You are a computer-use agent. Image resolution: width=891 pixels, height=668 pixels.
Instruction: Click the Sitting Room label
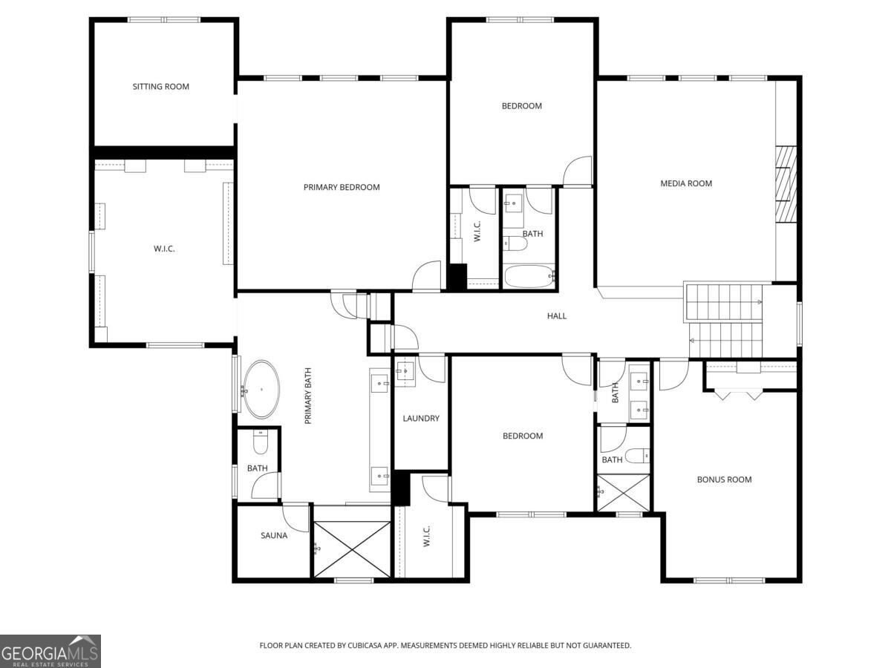click(x=160, y=86)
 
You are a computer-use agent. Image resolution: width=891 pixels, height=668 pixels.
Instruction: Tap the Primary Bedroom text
click(x=342, y=187)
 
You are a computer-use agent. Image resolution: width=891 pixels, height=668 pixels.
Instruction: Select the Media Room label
click(x=686, y=183)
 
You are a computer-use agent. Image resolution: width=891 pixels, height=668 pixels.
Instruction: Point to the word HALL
click(x=557, y=316)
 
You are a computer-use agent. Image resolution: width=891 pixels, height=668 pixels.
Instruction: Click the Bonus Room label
click(x=724, y=479)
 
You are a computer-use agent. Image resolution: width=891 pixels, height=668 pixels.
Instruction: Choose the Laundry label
click(x=421, y=418)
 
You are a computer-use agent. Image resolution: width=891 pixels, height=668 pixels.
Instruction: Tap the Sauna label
click(x=274, y=535)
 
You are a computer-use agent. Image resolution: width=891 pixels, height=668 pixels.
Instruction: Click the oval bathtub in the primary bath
click(x=261, y=390)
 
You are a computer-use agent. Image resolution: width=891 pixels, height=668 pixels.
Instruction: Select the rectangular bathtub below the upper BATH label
click(x=529, y=276)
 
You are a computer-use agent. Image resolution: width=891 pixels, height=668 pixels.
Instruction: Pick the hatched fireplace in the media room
click(x=786, y=184)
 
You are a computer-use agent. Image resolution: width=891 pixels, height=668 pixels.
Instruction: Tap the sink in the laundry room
click(x=405, y=370)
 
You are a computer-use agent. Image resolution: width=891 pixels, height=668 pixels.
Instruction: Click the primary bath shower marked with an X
click(x=352, y=549)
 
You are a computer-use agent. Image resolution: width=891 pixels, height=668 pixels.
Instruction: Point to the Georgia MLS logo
click(x=50, y=651)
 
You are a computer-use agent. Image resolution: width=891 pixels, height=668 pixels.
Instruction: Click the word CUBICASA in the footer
click(x=365, y=645)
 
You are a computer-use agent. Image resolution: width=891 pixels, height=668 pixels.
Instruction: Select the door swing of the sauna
click(x=296, y=518)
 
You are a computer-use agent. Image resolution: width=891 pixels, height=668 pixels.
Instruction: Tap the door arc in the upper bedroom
click(x=577, y=171)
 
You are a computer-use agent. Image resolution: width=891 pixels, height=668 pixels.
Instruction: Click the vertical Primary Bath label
click(x=307, y=396)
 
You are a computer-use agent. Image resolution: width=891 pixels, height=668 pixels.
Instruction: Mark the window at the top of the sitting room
click(x=164, y=19)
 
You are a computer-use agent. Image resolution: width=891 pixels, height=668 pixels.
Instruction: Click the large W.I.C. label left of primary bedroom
click(x=164, y=249)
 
